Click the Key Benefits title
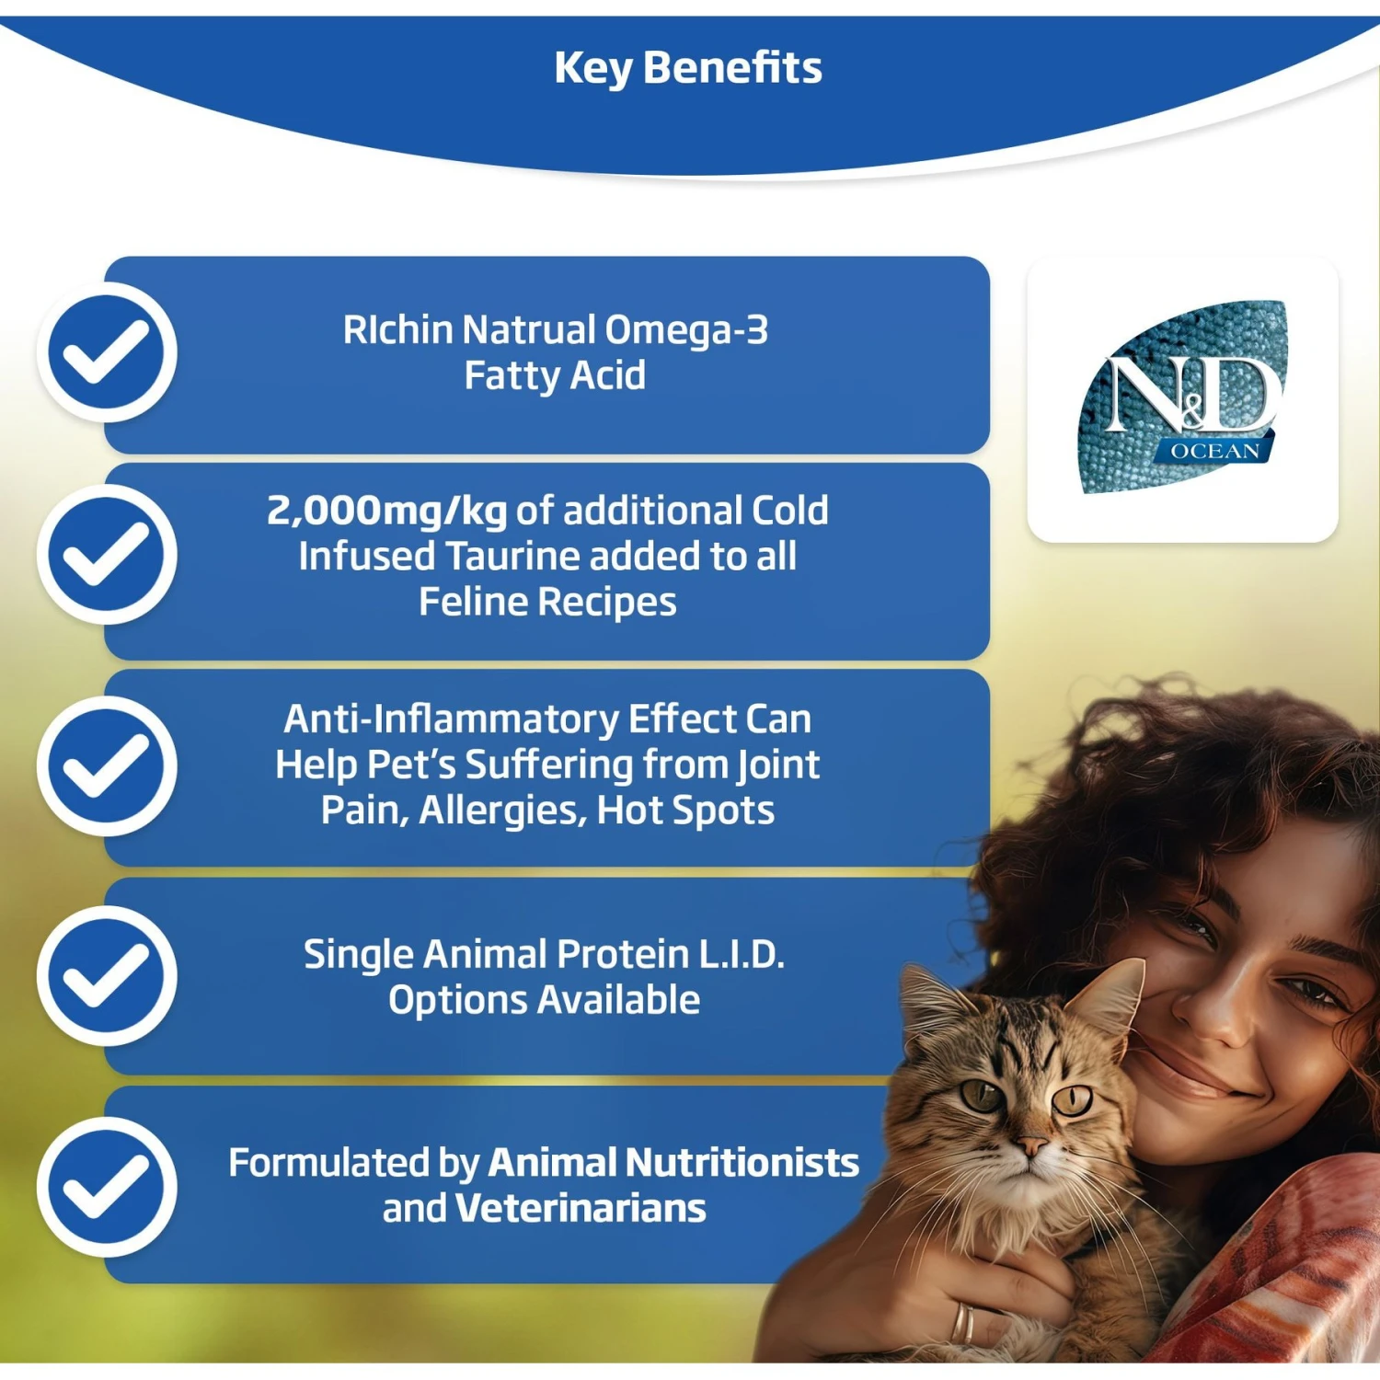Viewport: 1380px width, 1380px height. [x=688, y=68]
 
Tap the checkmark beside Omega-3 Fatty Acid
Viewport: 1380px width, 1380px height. [x=107, y=352]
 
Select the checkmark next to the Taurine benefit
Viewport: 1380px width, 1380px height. [x=107, y=555]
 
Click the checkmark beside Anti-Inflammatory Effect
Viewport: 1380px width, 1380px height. [x=107, y=765]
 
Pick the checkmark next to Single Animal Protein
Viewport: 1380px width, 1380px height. [x=107, y=975]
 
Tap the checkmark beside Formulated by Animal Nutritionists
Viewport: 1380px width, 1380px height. [x=107, y=1187]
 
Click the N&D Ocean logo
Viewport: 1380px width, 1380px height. [x=1183, y=397]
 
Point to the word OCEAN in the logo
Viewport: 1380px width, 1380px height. [x=1214, y=451]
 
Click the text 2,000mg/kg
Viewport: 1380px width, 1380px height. [x=386, y=512]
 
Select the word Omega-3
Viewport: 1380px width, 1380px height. [x=686, y=330]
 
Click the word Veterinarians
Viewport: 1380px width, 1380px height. [x=581, y=1209]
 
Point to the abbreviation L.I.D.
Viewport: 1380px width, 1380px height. [x=742, y=955]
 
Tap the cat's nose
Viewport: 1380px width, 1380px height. [x=1030, y=1145]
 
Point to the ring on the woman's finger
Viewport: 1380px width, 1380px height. [x=961, y=1323]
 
